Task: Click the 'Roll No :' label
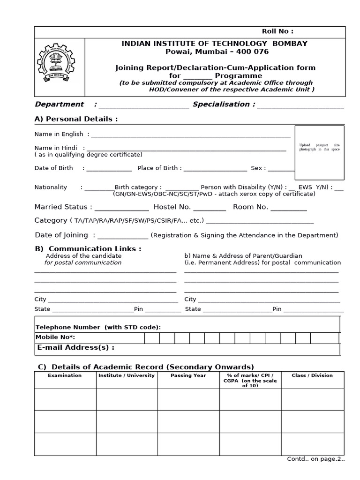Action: click(x=277, y=31)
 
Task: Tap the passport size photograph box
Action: click(x=319, y=152)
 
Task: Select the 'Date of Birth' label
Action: click(x=52, y=168)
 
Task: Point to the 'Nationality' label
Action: click(x=51, y=187)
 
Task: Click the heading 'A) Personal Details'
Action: click(x=76, y=119)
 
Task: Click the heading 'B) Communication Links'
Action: click(x=88, y=249)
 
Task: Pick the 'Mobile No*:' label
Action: click(x=55, y=337)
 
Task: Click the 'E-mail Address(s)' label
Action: click(x=75, y=348)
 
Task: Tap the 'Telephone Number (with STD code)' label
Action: click(x=98, y=327)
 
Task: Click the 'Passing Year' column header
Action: click(x=188, y=375)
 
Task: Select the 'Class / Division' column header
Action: click(x=312, y=375)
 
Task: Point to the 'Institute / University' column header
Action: click(x=126, y=375)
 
